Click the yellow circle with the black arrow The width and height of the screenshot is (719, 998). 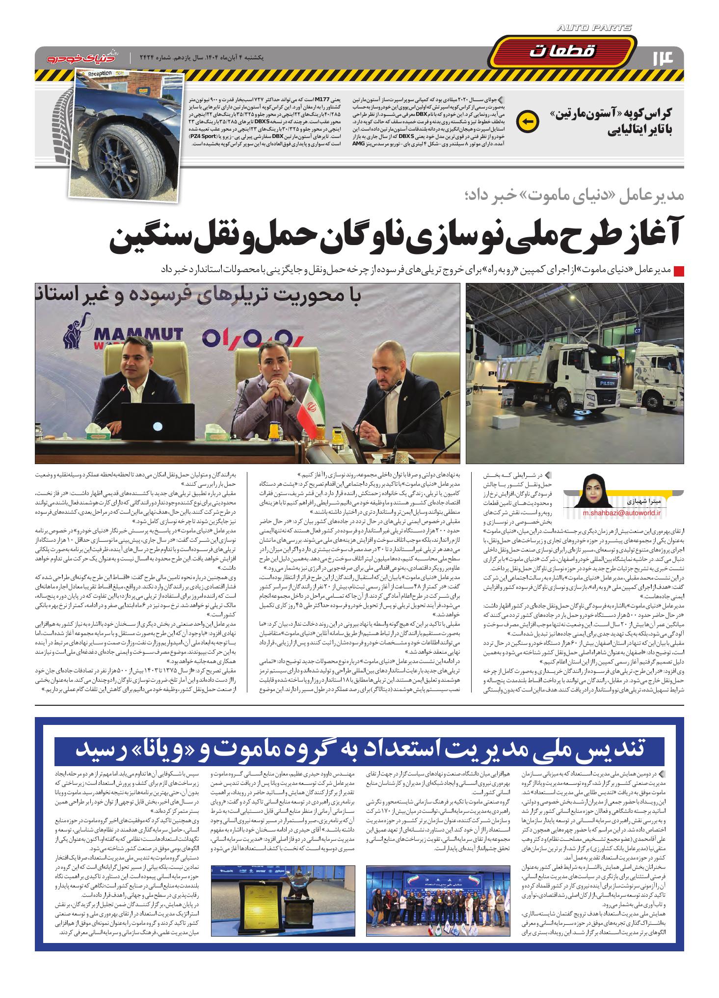(529, 121)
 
